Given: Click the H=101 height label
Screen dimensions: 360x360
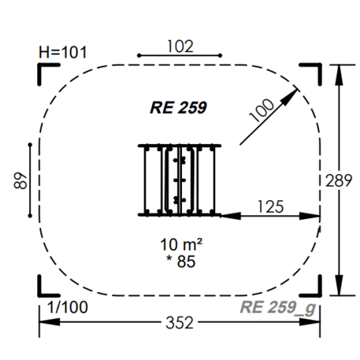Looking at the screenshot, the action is point(63,52).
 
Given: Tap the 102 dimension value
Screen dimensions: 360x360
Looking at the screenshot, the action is point(180,46).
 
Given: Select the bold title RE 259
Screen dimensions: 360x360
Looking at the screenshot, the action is point(178,107).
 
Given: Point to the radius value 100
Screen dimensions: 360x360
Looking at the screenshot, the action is point(262,110).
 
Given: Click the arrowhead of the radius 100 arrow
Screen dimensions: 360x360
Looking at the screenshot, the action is point(290,97).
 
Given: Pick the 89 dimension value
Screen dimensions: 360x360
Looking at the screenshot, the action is point(20,180).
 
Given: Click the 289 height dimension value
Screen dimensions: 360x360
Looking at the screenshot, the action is point(339,180).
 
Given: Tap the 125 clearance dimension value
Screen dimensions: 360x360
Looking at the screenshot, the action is point(271,206).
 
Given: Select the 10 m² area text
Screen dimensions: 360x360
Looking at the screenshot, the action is point(181,245).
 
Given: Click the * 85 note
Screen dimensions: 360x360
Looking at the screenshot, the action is point(181,262).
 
